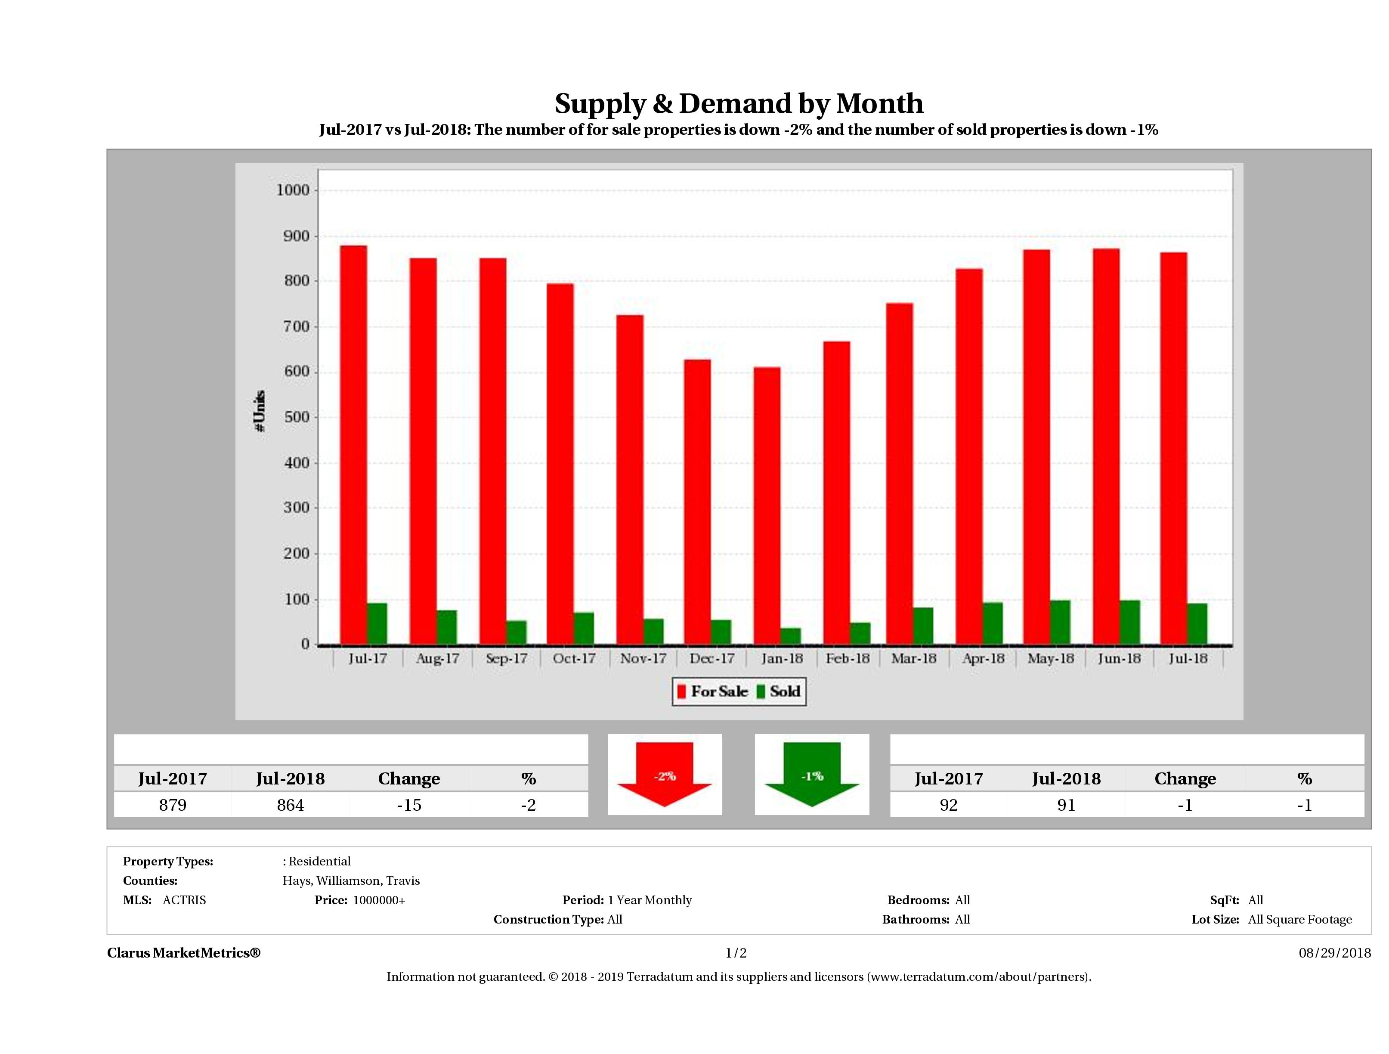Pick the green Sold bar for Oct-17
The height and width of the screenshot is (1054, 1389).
(x=583, y=628)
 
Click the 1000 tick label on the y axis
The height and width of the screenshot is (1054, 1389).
(x=293, y=190)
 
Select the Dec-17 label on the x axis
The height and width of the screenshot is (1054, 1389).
(x=712, y=658)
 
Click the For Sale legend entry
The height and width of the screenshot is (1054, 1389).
(x=713, y=691)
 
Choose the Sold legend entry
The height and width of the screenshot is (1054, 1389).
(x=779, y=691)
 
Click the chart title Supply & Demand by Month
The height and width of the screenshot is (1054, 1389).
(x=739, y=103)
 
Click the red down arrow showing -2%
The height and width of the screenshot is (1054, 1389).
(x=664, y=774)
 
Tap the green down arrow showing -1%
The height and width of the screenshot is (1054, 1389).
(x=811, y=774)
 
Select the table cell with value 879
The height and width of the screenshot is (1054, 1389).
(x=173, y=805)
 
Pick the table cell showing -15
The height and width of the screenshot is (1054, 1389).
(x=409, y=805)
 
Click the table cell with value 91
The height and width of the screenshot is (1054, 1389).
(x=1066, y=805)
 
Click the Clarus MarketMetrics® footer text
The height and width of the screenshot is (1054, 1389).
(x=183, y=953)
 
